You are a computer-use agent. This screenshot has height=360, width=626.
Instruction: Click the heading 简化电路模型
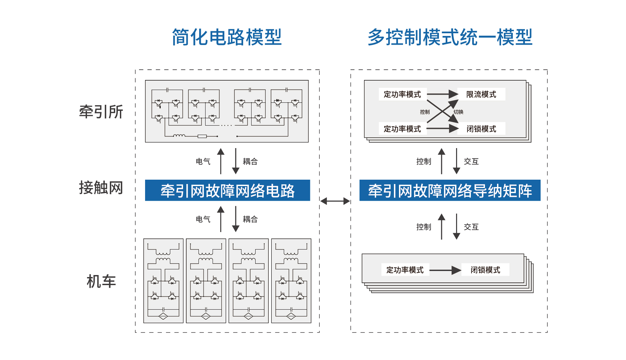click(x=227, y=37)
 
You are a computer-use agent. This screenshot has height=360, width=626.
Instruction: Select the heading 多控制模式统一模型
click(x=450, y=37)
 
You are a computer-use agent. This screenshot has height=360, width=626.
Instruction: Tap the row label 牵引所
click(x=101, y=112)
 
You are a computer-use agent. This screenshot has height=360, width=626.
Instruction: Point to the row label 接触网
click(x=101, y=187)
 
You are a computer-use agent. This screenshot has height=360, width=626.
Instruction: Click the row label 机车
click(x=101, y=281)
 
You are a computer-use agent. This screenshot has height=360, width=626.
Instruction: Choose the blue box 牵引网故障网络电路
click(x=227, y=190)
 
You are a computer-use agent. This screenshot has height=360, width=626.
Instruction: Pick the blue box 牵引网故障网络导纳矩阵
click(x=450, y=190)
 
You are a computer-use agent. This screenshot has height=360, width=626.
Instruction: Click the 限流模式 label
click(x=481, y=94)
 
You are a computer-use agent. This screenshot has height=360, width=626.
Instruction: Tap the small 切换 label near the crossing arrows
click(x=458, y=112)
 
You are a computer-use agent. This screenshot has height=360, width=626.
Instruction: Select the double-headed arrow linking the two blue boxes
click(x=335, y=201)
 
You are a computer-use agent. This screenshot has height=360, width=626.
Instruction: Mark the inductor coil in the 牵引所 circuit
click(x=179, y=136)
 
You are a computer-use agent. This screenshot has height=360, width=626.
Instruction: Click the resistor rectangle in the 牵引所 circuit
click(x=202, y=136)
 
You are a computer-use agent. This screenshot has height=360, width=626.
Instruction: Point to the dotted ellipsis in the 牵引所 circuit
click(x=226, y=125)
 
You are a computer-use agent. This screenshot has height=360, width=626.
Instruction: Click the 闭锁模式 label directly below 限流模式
click(x=481, y=129)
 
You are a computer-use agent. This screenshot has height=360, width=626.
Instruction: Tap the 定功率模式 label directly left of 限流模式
click(x=402, y=94)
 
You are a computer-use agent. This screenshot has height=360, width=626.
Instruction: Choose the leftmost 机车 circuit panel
click(x=163, y=281)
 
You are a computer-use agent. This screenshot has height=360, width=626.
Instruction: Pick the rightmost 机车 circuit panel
click(x=291, y=281)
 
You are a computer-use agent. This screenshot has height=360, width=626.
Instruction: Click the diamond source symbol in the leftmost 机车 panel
click(x=163, y=316)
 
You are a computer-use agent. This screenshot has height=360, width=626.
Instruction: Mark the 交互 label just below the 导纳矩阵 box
click(x=471, y=227)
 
